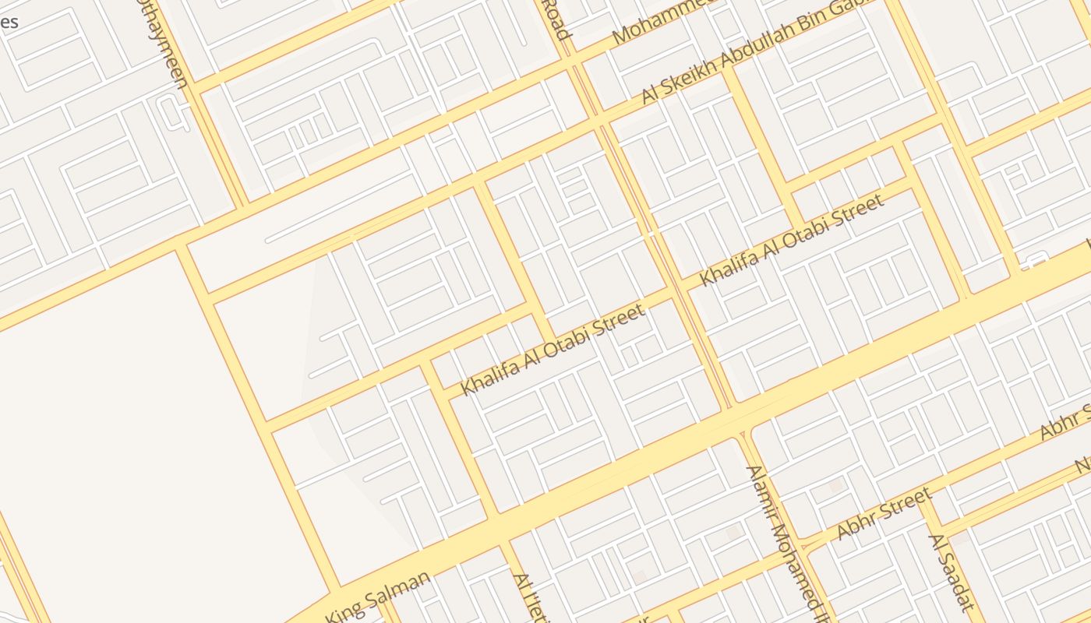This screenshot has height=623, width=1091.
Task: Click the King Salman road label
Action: click(x=378, y=597)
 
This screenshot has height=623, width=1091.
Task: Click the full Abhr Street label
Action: click(x=884, y=514)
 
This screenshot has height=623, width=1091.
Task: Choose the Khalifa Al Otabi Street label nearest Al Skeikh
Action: click(x=791, y=239)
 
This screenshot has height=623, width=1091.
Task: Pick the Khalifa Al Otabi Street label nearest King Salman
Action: click(x=553, y=349)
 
